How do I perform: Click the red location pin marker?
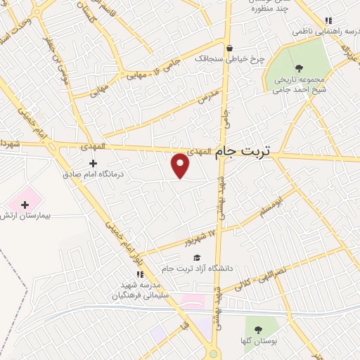click(181, 165)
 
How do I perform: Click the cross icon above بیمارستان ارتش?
click(25, 205)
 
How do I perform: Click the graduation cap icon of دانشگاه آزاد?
click(198, 258)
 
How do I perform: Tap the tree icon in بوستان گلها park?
click(257, 329)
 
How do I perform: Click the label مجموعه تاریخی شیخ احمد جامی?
click(300, 84)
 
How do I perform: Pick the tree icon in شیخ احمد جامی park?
click(300, 68)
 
